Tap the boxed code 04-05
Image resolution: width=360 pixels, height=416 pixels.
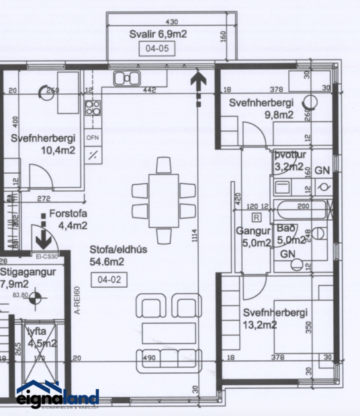[x=152, y=48]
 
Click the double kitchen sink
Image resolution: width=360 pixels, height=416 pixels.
[x=126, y=79]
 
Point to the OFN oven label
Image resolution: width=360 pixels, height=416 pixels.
[x=93, y=138]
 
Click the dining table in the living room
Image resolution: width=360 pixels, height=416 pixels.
[x=163, y=200]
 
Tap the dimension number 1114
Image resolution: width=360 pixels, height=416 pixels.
[x=194, y=239]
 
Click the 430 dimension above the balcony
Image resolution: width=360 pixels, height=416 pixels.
[x=171, y=21]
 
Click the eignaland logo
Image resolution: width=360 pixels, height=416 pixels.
[x=58, y=398]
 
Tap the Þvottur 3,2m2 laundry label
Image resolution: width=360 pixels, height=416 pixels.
[x=289, y=160]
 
